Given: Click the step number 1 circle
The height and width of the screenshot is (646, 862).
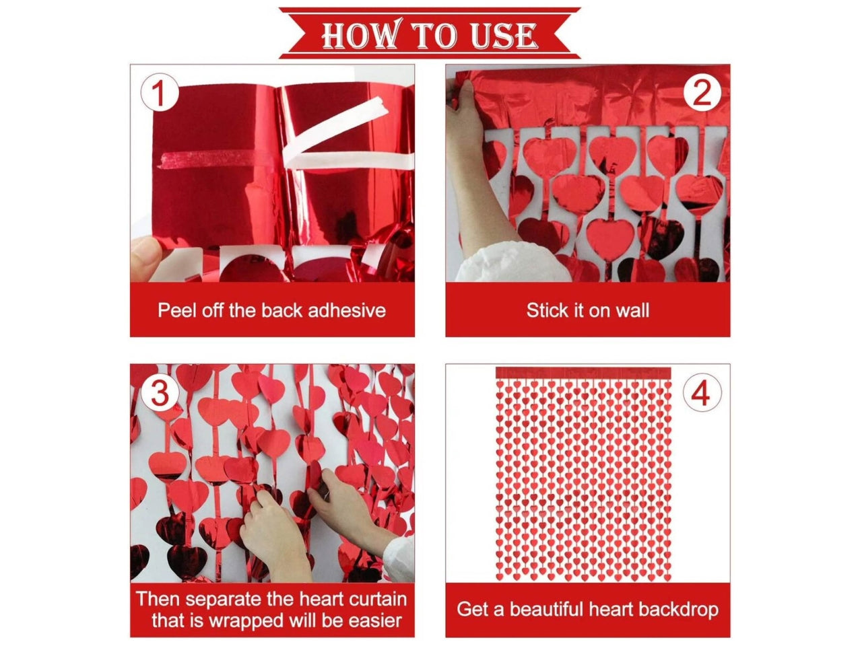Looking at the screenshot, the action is (160, 93).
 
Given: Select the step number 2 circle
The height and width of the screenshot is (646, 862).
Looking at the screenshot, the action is (702, 93).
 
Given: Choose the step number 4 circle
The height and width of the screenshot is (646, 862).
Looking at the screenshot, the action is (702, 392).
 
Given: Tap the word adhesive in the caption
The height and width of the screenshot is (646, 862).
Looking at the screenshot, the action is (346, 310).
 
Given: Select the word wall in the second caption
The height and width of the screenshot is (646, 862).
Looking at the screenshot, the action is (632, 310).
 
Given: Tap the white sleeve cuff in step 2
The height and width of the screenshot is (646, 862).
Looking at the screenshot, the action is (510, 261).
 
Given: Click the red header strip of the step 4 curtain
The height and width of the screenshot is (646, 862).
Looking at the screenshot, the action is (583, 373).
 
